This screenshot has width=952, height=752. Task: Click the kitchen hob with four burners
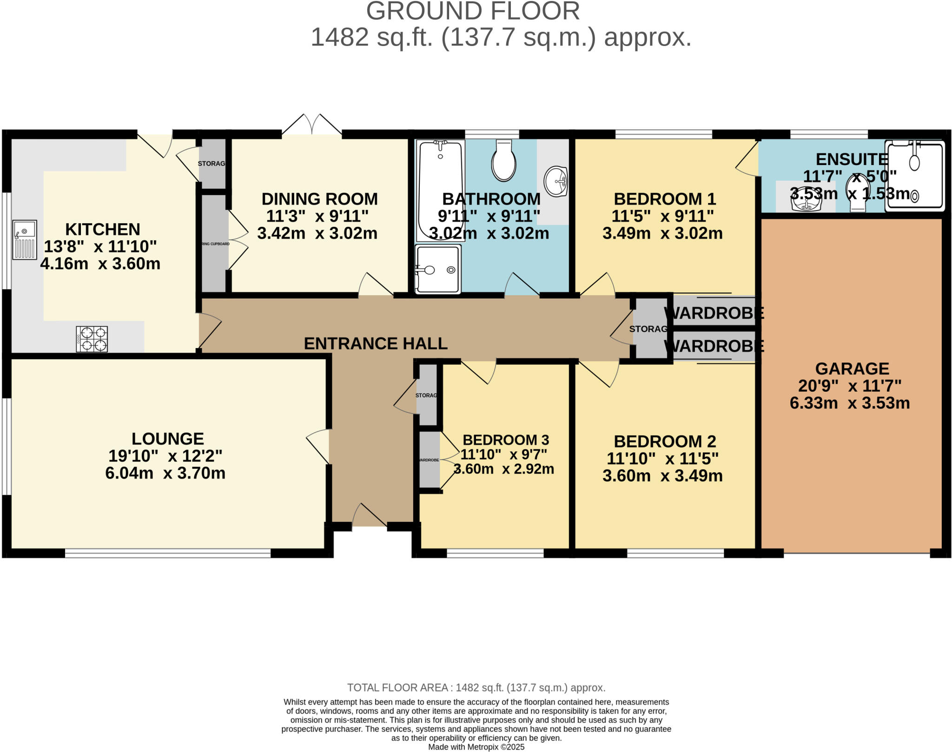[92, 339]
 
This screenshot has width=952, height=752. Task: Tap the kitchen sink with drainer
[25, 239]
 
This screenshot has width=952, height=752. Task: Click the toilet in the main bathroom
[503, 161]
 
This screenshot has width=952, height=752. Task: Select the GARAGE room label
[852, 369]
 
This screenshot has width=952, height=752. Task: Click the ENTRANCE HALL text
[376, 343]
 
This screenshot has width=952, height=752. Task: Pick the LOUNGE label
[167, 439]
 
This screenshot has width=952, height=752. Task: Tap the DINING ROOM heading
[319, 199]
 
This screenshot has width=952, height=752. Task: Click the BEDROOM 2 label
[665, 441]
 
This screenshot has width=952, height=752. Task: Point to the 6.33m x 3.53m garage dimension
[850, 403]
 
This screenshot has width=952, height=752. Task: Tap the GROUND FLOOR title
[473, 11]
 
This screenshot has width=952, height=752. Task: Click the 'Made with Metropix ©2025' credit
[476, 747]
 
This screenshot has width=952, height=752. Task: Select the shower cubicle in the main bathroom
[438, 270]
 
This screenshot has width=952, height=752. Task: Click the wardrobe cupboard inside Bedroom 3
[429, 460]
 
